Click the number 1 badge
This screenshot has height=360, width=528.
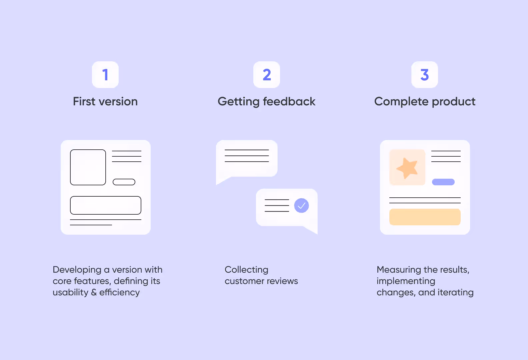tap(105, 75)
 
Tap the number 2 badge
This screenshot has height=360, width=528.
tap(267, 75)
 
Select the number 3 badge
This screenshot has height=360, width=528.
tap(424, 75)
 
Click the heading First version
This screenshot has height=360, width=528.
tap(105, 101)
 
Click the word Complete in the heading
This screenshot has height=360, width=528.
tap(401, 101)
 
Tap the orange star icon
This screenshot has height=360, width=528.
tap(407, 167)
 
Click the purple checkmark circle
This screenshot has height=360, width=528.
tap(301, 206)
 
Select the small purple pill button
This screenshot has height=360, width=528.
tap(443, 182)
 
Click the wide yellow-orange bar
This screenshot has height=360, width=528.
tap(425, 217)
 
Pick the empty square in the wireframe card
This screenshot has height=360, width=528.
tap(88, 167)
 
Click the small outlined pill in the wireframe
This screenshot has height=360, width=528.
tap(124, 182)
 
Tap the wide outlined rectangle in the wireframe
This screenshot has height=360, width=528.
tap(105, 205)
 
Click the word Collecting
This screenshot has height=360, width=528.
tap(246, 270)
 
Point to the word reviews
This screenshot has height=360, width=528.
tap(283, 281)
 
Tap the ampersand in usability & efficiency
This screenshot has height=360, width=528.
tap(94, 292)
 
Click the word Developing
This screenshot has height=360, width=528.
tap(77, 270)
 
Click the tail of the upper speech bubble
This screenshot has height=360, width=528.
tap(222, 180)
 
